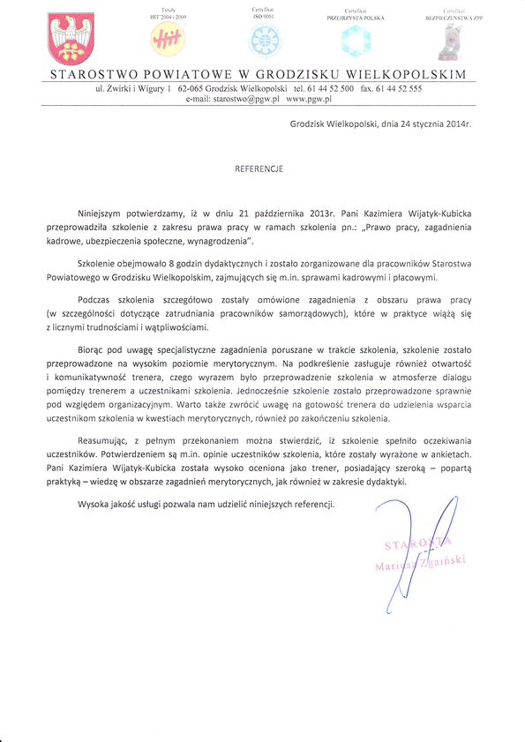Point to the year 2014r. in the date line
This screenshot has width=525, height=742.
click(x=454, y=124)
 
